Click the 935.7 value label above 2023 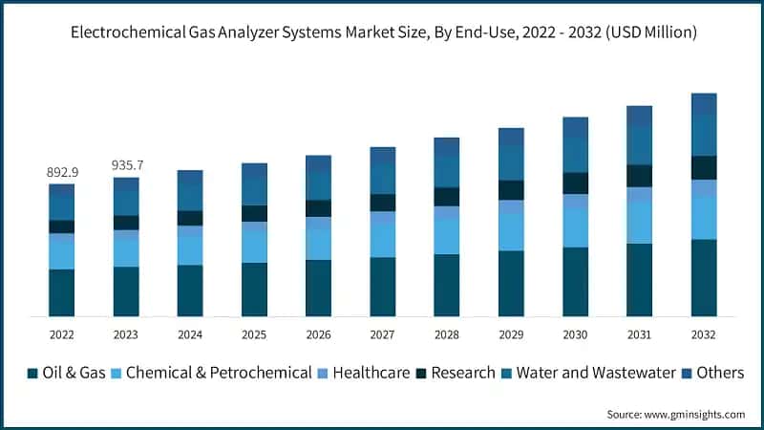(126, 165)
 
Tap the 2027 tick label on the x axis (382, 334)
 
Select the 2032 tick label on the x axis (703, 334)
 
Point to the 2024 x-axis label (190, 334)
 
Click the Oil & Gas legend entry (66, 373)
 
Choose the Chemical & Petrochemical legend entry (211, 373)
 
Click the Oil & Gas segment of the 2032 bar (704, 277)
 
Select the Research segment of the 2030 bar (575, 183)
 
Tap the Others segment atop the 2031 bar (639, 116)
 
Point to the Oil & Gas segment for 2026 (318, 288)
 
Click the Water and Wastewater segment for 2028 (447, 172)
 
